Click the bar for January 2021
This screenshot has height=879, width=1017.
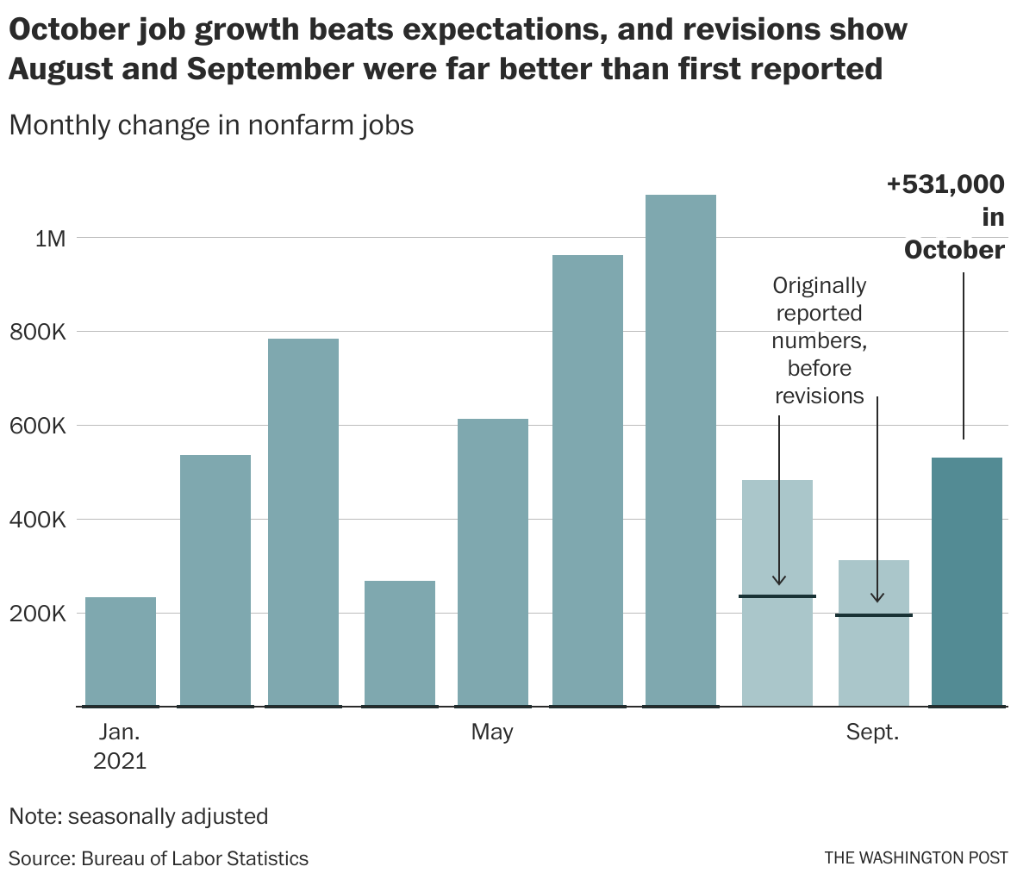[121, 651]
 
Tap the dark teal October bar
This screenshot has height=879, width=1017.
[967, 582]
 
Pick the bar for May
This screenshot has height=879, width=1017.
[492, 562]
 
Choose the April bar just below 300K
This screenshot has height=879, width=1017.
[400, 643]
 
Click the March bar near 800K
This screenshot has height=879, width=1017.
[303, 522]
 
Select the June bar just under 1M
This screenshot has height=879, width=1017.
[588, 480]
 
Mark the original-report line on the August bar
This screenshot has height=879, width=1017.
[777, 596]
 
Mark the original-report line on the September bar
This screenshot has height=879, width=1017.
[874, 615]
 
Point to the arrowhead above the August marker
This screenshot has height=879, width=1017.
[779, 580]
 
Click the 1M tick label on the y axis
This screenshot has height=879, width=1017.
[50, 239]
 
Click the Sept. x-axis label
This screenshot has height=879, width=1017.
[872, 732]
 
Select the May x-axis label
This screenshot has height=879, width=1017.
[492, 732]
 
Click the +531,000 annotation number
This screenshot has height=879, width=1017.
[945, 184]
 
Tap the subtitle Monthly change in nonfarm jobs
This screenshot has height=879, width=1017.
[211, 126]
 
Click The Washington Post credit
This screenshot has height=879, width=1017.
[915, 858]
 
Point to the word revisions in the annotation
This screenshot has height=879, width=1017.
[819, 396]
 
